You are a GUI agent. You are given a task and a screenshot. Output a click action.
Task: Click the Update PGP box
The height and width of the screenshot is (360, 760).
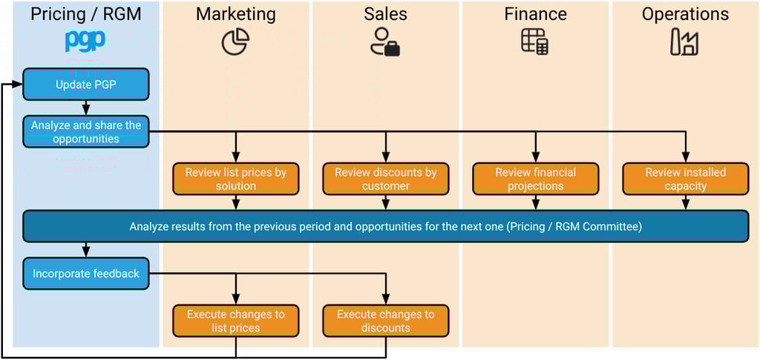(86, 85)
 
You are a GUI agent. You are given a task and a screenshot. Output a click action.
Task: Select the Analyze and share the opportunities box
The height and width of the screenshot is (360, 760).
(86, 132)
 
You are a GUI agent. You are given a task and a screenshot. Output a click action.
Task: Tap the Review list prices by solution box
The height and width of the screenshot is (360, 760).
(236, 179)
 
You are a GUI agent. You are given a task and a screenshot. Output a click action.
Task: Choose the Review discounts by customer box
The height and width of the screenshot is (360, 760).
(386, 179)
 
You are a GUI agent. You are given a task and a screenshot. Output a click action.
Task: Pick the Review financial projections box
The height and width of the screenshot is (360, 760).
(536, 179)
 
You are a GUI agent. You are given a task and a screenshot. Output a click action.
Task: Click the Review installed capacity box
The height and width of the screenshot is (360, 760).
(685, 179)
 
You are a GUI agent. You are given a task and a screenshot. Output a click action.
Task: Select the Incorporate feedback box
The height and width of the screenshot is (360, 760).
(86, 274)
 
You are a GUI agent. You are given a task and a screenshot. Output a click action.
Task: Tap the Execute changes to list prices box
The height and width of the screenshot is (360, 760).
(236, 321)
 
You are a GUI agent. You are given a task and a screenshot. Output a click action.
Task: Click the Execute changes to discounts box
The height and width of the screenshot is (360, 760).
(386, 321)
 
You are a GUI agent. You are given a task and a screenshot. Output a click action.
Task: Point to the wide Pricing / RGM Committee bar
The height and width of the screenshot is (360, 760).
(386, 226)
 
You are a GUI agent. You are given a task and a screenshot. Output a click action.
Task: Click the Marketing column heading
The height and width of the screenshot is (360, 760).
(236, 14)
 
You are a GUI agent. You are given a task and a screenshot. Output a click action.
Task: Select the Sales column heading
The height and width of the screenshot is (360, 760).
(386, 14)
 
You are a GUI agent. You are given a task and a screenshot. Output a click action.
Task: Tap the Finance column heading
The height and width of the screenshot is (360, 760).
(536, 14)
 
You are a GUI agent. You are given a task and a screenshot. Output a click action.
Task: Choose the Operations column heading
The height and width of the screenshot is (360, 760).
(685, 14)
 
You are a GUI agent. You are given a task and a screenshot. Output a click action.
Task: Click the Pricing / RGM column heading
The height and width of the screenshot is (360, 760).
(86, 14)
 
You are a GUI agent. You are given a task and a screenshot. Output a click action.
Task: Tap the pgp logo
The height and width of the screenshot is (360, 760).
(85, 41)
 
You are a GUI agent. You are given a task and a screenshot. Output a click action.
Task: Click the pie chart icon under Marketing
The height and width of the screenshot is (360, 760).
(236, 42)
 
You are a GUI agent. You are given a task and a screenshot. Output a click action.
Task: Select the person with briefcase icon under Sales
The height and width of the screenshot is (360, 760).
(385, 42)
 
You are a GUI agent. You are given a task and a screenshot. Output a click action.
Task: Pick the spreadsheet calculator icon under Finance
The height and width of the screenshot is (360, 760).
(535, 42)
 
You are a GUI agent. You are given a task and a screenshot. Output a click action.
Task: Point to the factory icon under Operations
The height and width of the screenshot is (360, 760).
(684, 42)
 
